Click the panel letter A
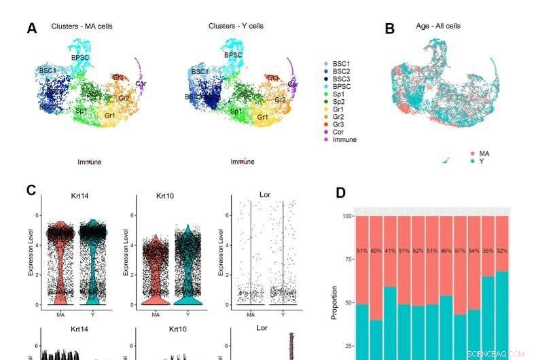click(x=31, y=29)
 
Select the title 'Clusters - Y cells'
click(x=236, y=26)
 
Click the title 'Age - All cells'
click(x=438, y=26)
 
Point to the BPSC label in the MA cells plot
click(x=80, y=57)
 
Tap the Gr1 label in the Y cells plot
click(x=262, y=118)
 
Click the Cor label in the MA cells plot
click(x=141, y=84)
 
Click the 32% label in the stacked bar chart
click(x=501, y=251)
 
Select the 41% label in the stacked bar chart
click(x=390, y=251)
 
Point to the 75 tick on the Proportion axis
click(x=349, y=259)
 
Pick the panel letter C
click(x=31, y=190)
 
